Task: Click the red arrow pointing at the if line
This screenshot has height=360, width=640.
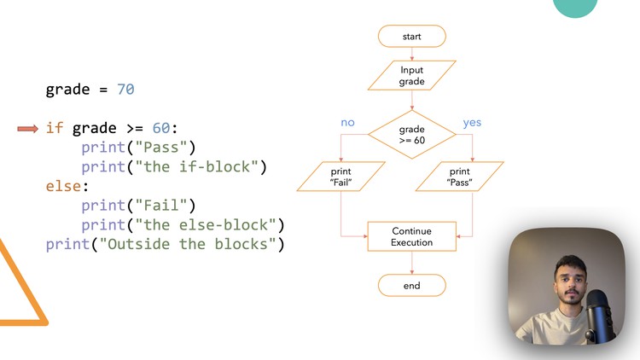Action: pos(28,128)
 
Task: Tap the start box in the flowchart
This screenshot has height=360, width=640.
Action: pos(411,37)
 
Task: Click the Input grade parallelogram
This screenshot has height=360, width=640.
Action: pos(411,76)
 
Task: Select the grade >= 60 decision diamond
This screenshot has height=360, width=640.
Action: pos(411,135)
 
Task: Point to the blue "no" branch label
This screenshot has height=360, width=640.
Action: pos(347,123)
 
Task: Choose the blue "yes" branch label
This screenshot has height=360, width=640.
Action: pos(472,123)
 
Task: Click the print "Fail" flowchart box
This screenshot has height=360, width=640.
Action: pos(340,177)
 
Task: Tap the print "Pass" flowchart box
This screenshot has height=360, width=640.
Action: pos(460,177)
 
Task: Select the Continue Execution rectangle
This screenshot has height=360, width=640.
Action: pos(411,236)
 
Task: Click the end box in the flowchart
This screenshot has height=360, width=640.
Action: pos(411,286)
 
